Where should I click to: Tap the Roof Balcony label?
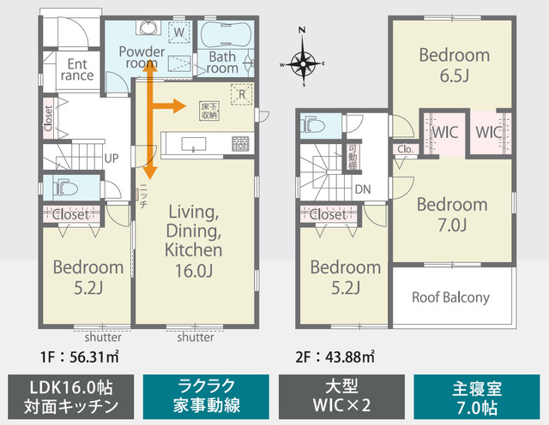coord(450,298)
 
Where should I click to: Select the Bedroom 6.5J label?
coord(454,65)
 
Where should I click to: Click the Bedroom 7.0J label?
coord(452,215)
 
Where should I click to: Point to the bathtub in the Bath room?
coord(225,39)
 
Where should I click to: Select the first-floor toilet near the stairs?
coord(63,186)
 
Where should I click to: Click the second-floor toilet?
coord(313,125)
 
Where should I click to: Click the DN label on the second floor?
coord(362,189)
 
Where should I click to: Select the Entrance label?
coord(78,69)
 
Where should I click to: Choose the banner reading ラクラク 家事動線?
coord(205,394)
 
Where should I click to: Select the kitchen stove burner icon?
coord(240,142)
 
